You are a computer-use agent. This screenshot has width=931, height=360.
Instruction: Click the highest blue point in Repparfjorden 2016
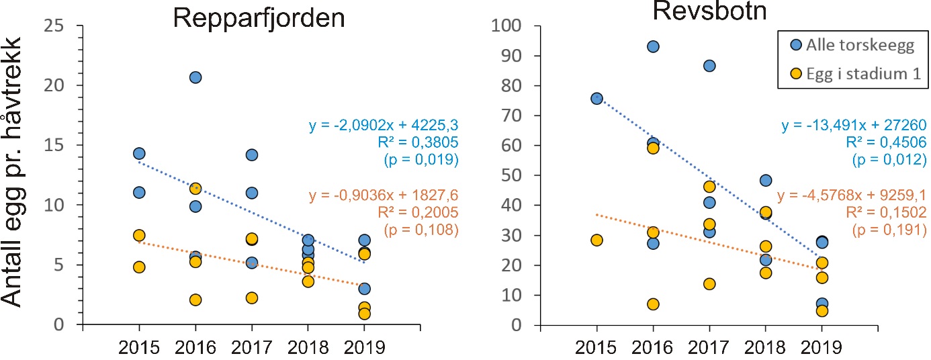point(195,77)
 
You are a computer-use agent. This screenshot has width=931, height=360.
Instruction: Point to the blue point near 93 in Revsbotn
point(652,46)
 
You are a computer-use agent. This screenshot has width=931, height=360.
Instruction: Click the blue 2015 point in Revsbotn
point(596,99)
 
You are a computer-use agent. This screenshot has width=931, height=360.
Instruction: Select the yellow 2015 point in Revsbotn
point(596,240)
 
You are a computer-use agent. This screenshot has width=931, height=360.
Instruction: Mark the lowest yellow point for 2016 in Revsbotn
point(652,304)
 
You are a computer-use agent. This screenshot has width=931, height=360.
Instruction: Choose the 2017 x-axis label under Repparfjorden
point(251,348)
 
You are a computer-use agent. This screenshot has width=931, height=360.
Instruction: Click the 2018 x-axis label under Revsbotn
point(765,348)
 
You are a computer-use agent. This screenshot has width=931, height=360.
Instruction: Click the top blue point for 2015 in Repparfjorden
point(139,154)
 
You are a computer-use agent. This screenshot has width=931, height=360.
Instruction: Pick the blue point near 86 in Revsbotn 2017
point(709,66)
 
